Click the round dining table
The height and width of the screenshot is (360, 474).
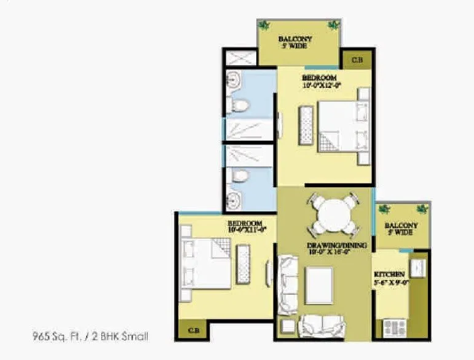point(332,216)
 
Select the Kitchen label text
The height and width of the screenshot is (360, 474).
point(389,273)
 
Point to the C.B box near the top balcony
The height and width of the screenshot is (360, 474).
point(355,60)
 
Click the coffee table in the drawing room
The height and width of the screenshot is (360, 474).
point(318,286)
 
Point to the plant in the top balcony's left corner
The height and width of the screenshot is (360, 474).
point(264,25)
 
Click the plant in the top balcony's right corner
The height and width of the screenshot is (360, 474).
point(334,25)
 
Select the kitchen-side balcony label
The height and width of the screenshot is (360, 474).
point(401,229)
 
